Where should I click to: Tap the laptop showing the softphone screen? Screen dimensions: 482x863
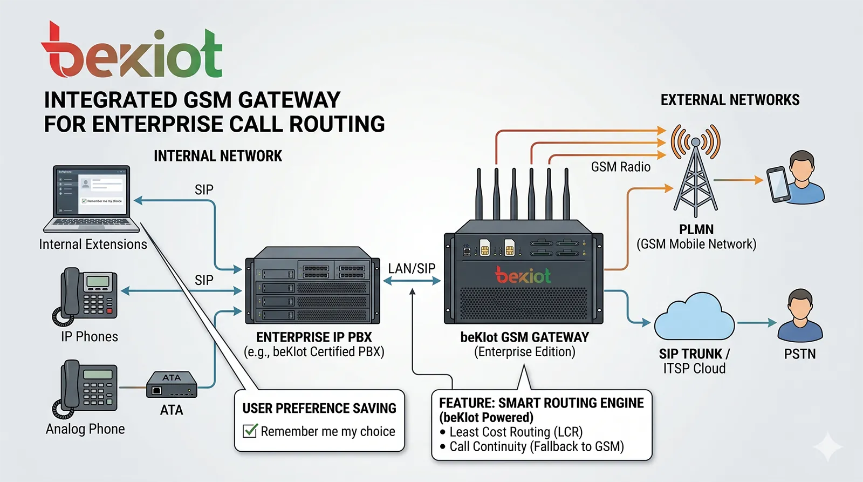[x=92, y=198]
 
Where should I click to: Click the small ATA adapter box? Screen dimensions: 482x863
[x=172, y=384]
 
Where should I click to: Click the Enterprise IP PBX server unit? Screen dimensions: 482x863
[x=313, y=286]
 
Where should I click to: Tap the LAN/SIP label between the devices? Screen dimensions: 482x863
[x=412, y=268]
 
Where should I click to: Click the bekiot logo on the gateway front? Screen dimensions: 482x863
[x=523, y=276]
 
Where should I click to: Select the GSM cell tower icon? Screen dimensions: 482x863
[x=696, y=170]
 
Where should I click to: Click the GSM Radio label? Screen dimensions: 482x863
[x=620, y=167]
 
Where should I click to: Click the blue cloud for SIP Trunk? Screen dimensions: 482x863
[x=694, y=318]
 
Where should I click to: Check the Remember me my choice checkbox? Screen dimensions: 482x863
[x=250, y=431]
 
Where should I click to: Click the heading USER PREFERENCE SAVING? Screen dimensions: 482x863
[x=319, y=409]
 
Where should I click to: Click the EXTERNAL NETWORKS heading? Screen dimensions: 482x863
[x=730, y=100]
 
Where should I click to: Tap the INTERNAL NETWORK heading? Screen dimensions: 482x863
[x=218, y=156]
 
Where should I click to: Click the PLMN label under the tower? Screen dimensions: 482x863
[x=696, y=229]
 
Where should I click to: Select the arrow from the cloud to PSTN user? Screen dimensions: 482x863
[x=756, y=323]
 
